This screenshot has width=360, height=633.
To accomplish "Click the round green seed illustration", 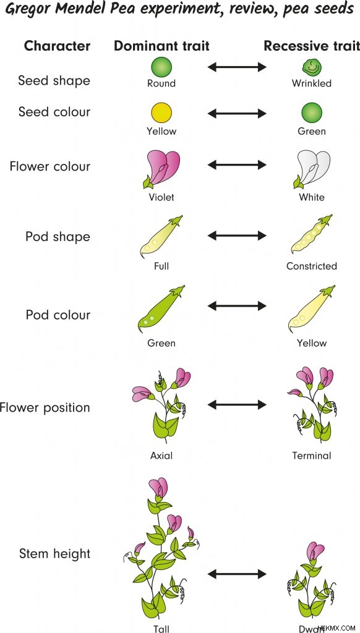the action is (161, 67).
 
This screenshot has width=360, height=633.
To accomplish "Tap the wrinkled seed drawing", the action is (312, 68).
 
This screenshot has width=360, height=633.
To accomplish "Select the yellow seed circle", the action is (161, 113).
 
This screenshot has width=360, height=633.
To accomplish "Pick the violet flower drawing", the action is (161, 170).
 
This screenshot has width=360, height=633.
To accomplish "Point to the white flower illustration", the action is (312, 170).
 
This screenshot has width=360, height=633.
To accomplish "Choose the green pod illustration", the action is (161, 309).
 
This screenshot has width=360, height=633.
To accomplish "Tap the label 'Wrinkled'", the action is (312, 83).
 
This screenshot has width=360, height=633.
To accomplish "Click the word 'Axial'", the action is (161, 456).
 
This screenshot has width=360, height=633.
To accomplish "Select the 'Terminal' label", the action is (312, 456).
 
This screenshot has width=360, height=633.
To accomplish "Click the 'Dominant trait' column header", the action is (161, 46).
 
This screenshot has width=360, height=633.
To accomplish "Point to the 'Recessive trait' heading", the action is (312, 46).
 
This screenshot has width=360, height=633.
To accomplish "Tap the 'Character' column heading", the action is (58, 46).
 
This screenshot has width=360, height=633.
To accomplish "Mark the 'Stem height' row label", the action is (54, 554).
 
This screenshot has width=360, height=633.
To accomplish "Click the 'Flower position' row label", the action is (45, 408).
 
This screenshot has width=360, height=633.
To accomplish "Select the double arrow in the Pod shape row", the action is (237, 236).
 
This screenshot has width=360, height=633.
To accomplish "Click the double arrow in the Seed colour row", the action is (237, 114).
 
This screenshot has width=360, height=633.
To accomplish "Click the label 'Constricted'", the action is (312, 266).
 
